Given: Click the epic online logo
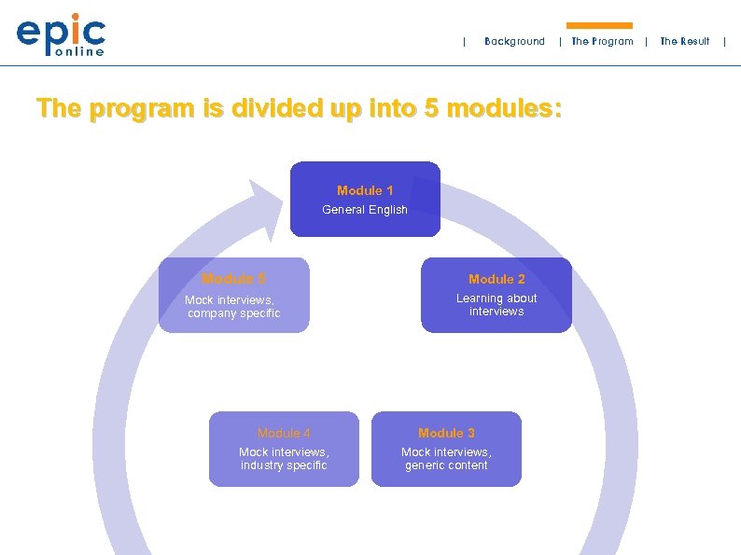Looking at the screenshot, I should click(62, 35).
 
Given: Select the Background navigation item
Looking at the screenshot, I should click(514, 41).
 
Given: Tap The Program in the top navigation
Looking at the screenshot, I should click(602, 41).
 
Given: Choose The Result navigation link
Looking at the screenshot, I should click(684, 41).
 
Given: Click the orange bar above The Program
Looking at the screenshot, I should click(599, 26).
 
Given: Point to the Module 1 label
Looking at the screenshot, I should click(365, 190).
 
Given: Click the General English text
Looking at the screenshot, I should click(365, 210).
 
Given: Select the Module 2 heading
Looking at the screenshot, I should click(496, 279).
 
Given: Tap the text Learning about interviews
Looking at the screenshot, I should click(496, 305).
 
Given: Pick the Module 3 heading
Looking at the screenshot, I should click(446, 433).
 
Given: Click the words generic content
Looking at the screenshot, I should click(446, 465).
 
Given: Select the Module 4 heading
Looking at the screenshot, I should click(284, 433).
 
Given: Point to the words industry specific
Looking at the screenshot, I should click(284, 465).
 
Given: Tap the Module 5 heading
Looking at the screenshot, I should click(233, 279).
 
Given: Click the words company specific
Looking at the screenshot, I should click(233, 313).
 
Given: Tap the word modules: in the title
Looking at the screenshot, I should click(505, 109).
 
